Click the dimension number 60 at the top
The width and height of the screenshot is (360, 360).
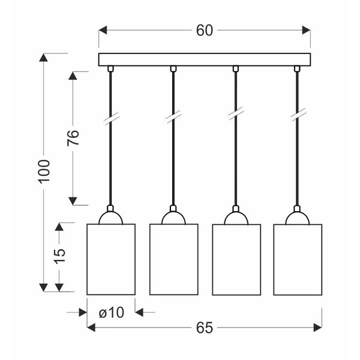pyautogui.click(x=205, y=31)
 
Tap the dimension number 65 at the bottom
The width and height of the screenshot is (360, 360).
pyautogui.click(x=205, y=328)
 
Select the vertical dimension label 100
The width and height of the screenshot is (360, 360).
pyautogui.click(x=44, y=172)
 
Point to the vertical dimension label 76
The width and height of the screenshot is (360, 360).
pyautogui.click(x=73, y=138)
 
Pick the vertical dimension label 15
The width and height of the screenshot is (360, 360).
pyautogui.click(x=59, y=256)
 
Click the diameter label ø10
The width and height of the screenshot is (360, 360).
pyautogui.click(x=112, y=312)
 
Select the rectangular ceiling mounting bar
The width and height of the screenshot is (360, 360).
pyautogui.click(x=205, y=59)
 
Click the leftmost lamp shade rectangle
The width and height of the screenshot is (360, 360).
pyautogui.click(x=111, y=259)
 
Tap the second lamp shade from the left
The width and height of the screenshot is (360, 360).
pyautogui.click(x=174, y=259)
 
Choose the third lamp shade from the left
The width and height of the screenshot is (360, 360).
pyautogui.click(x=236, y=260)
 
